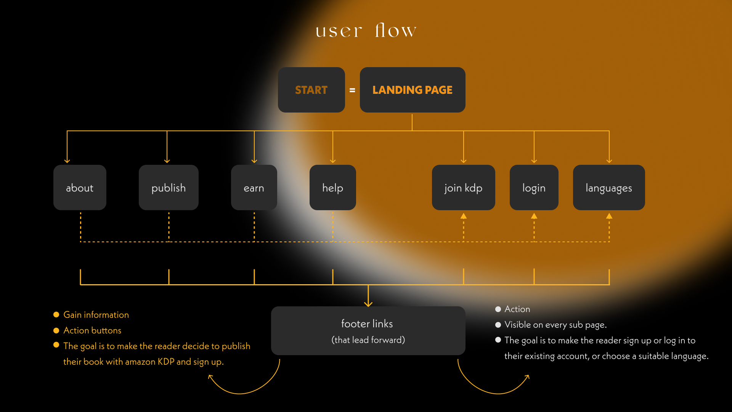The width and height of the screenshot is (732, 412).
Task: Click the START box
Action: pos(311,90)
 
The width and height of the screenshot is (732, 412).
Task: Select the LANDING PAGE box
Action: pos(412,90)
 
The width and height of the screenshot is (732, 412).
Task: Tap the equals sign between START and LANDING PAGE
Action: pos(352,90)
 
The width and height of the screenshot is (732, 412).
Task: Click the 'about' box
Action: pos(80,188)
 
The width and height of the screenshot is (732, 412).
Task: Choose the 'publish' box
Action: pos(169,188)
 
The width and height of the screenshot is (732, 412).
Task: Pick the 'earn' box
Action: pos(254,188)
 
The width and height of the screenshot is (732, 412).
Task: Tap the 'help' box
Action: pos(332,188)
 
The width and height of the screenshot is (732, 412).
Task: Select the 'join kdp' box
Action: pos(463,188)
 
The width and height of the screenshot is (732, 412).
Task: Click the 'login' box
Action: pos(534,188)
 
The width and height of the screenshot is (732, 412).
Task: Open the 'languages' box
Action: pos(609,188)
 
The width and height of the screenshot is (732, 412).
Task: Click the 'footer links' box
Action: pos(368,331)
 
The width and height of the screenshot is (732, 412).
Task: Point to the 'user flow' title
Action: pos(366,31)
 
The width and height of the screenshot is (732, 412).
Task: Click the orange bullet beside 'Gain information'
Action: pos(56,315)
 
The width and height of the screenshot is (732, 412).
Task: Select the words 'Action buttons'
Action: pos(92,330)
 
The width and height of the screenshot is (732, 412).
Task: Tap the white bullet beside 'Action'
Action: pos(498,309)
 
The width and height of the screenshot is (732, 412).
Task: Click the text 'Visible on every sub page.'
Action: pos(555,325)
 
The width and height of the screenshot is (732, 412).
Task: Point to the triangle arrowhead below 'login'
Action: pos(534,216)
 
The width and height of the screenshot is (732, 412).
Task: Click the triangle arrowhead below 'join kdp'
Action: pos(464,216)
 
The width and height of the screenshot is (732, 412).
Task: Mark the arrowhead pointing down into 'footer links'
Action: pos(368,304)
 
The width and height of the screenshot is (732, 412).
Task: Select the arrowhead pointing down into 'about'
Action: pos(67,161)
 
